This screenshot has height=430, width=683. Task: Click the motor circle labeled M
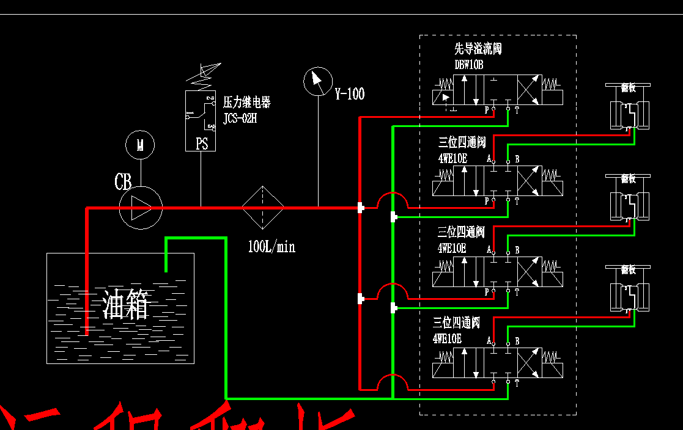[140, 145]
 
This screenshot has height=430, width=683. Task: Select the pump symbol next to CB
[140, 208]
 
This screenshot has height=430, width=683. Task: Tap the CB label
[123, 182]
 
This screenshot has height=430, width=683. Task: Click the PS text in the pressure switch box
[202, 144]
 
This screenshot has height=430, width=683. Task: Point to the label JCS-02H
[240, 118]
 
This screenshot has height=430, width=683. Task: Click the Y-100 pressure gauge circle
[317, 82]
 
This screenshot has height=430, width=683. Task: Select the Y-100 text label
[349, 94]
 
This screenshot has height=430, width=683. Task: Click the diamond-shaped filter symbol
[262, 208]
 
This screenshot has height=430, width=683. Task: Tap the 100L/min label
[271, 247]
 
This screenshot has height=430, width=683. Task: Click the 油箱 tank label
[126, 304]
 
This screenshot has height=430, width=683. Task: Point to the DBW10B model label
[468, 64]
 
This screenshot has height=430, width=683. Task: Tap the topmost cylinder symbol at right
[628, 108]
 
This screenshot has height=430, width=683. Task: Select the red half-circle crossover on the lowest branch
[391, 381]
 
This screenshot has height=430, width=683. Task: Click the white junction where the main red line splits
[360, 208]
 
